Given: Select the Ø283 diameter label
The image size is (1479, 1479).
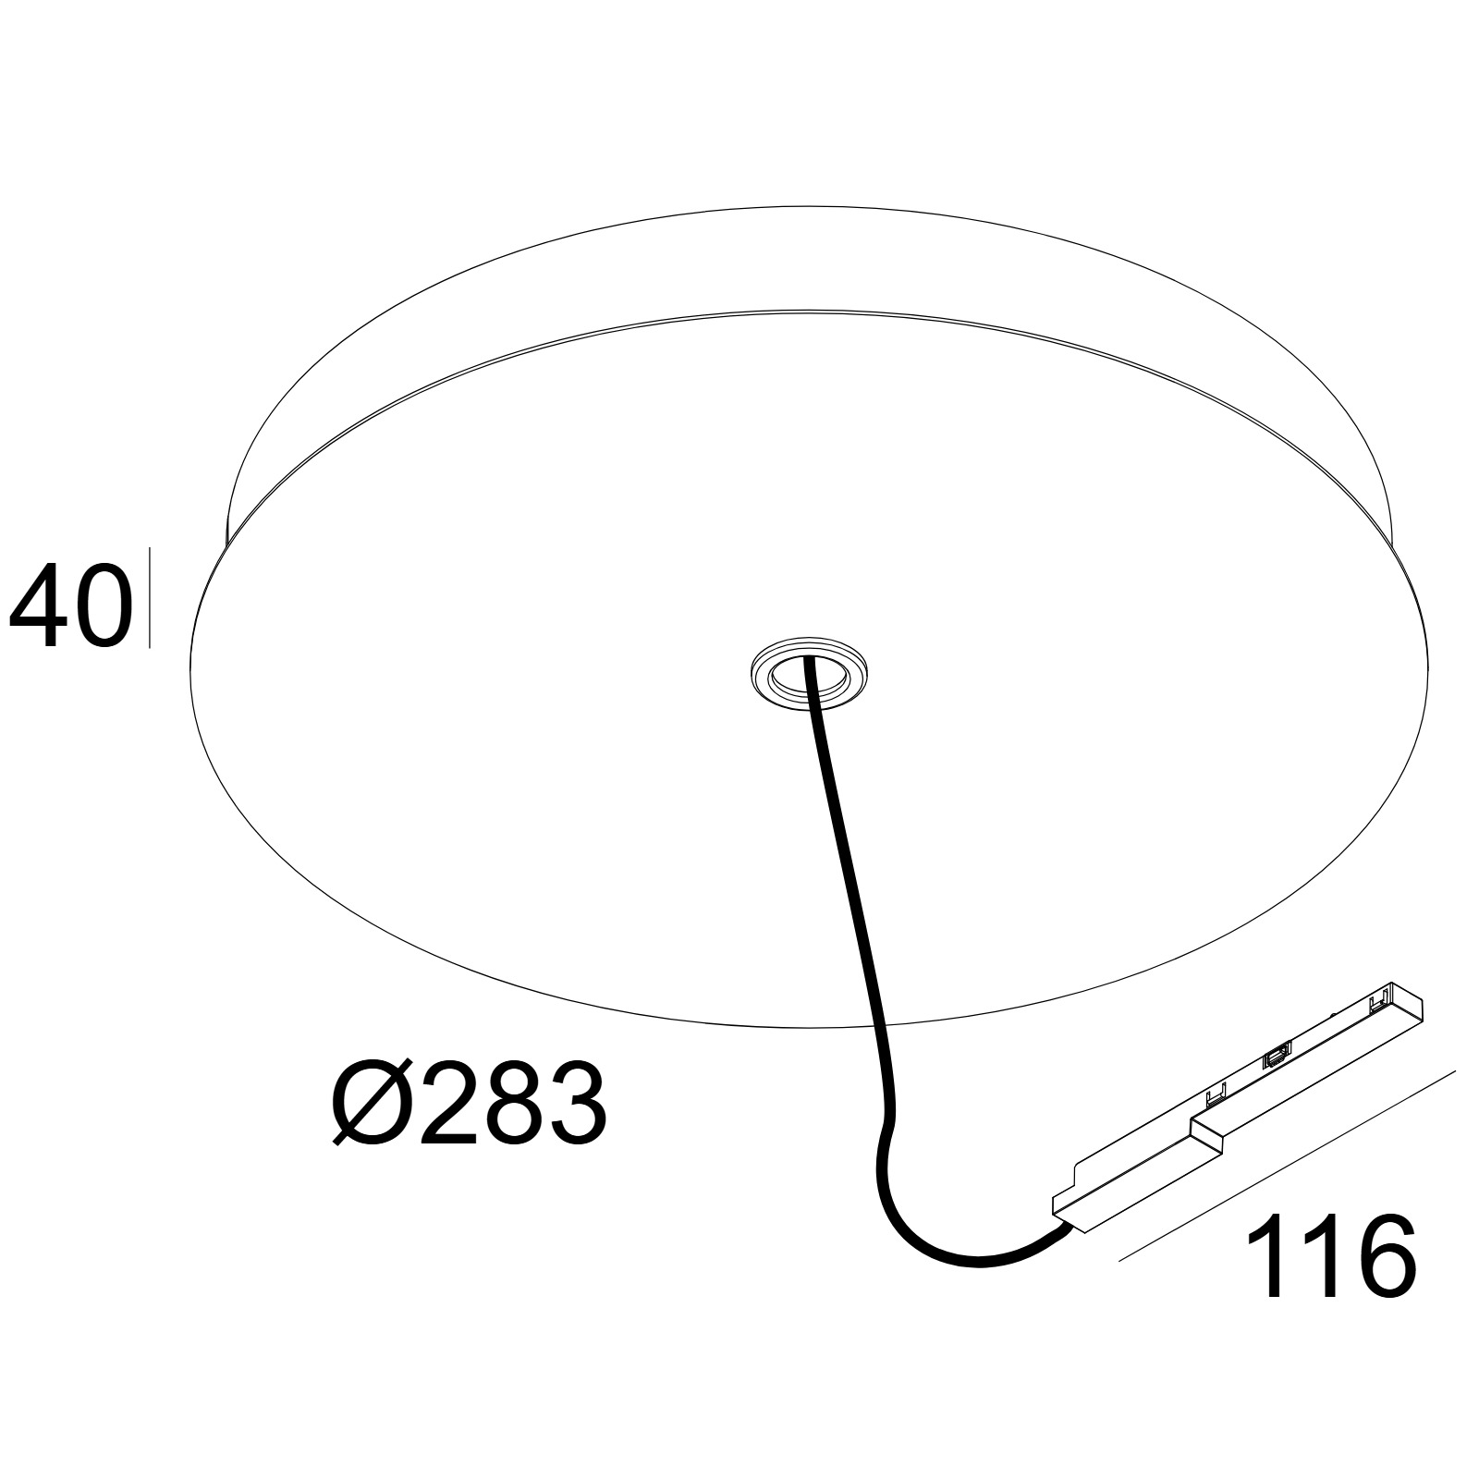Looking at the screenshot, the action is coord(471,1103).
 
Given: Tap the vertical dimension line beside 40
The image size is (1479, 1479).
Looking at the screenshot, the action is coord(148,597).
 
